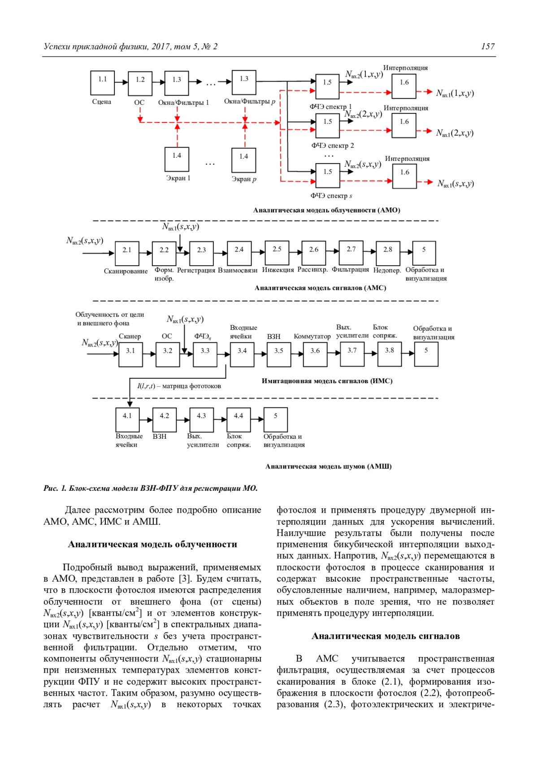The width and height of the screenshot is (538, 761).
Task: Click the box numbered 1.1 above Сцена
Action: pos(103,82)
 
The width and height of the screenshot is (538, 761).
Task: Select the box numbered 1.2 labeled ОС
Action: pos(140,83)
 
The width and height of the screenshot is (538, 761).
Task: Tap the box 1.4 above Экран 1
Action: pos(177,159)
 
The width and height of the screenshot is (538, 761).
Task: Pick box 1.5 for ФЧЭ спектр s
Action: pos(327,175)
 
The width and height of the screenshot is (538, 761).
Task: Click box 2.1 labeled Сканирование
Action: pos(127,253)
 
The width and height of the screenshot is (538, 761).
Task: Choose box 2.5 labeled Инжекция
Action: pos(277,252)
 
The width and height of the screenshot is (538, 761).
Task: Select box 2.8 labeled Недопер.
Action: pos(387,253)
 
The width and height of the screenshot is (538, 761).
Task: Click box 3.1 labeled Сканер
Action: pos(130,354)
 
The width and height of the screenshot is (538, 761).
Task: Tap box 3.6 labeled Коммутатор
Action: pos(315,354)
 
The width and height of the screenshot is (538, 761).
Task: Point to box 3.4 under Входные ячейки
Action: pos(242,354)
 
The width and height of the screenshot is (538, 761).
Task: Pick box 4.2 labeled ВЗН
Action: pos(164,419)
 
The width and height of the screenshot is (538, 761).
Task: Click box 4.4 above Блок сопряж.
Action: pos(238,419)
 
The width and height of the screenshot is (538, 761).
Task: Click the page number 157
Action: pos(488,47)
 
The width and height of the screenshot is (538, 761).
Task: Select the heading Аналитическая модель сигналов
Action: pos(386,636)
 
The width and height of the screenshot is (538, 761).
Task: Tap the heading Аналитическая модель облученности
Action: pos(152,544)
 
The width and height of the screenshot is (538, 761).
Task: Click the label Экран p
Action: pos(244,179)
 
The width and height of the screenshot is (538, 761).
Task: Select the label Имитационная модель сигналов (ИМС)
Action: pos(327,381)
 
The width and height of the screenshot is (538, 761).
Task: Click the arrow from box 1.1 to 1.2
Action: pos(121,82)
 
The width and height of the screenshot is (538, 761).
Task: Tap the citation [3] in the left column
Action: pos(184,579)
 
